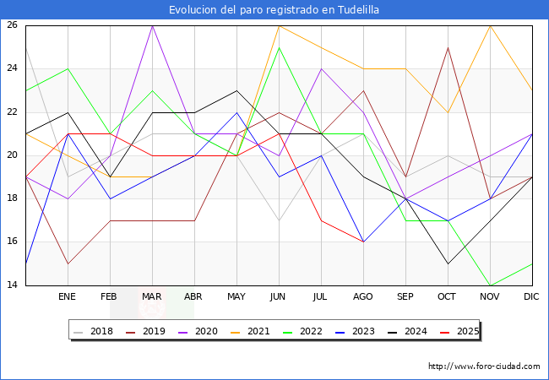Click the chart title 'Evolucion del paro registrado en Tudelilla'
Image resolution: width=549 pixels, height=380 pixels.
274,10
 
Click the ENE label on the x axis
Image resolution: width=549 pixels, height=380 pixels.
67,297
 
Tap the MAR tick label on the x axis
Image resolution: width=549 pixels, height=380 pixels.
152,297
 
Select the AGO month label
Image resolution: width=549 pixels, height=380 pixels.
363,297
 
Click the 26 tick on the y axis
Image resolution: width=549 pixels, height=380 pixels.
13,25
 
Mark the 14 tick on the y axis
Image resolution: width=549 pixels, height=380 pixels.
13,285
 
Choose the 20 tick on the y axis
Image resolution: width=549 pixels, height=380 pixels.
13,155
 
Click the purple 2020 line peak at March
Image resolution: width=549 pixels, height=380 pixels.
152,25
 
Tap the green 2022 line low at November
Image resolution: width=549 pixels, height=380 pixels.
490,285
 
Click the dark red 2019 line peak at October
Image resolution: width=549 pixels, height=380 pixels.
448,47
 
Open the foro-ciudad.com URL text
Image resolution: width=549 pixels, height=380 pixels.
484,366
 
